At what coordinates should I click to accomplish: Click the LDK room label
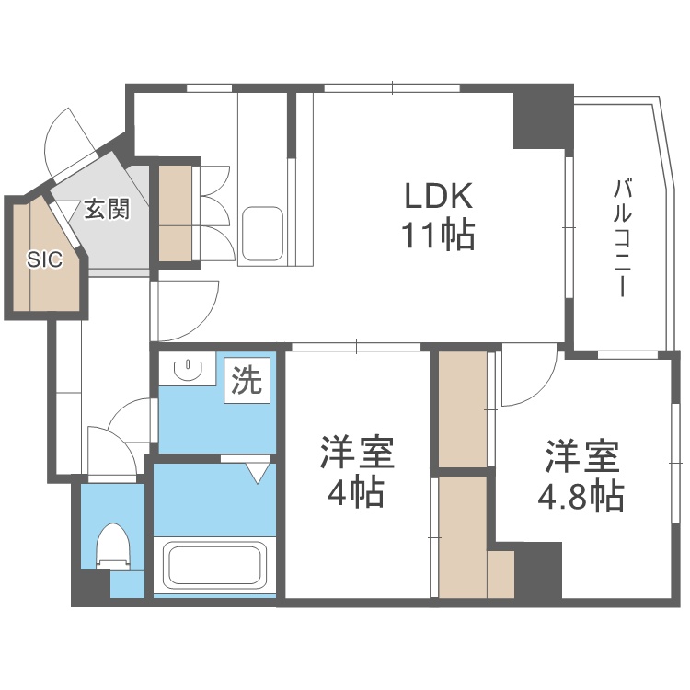(438, 196)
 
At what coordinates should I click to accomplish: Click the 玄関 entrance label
(107, 209)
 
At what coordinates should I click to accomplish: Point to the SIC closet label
(44, 259)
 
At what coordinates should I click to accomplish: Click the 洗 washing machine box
(247, 380)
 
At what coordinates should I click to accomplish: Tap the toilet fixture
(113, 547)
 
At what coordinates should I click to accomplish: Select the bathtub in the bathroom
(213, 565)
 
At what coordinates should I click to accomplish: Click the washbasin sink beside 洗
(189, 370)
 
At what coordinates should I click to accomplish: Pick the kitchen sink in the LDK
(263, 235)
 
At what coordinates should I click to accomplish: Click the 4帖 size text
(356, 493)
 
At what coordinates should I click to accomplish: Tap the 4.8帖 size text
(581, 497)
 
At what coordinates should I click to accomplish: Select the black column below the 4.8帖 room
(538, 570)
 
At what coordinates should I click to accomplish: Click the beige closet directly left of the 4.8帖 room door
(463, 409)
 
